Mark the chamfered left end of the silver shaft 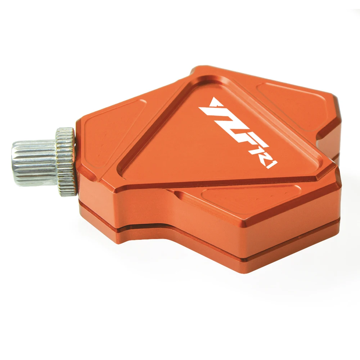(15, 163)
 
